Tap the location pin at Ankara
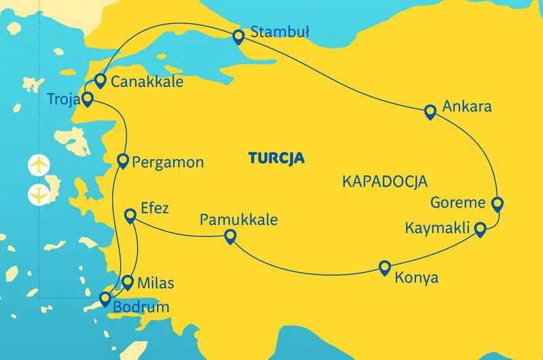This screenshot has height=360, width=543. point(429,111)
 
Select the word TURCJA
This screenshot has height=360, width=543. point(276,159)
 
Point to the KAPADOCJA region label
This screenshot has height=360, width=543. point(384,182)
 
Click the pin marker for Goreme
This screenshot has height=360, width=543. point(497,202)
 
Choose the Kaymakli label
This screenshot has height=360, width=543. point(438,228)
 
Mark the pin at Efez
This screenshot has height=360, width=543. point(131,215)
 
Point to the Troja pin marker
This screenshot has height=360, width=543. point(88,100)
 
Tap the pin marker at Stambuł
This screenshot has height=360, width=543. point(238,36)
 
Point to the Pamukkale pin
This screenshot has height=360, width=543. point(230,236)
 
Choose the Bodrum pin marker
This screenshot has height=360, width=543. point(105,297)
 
